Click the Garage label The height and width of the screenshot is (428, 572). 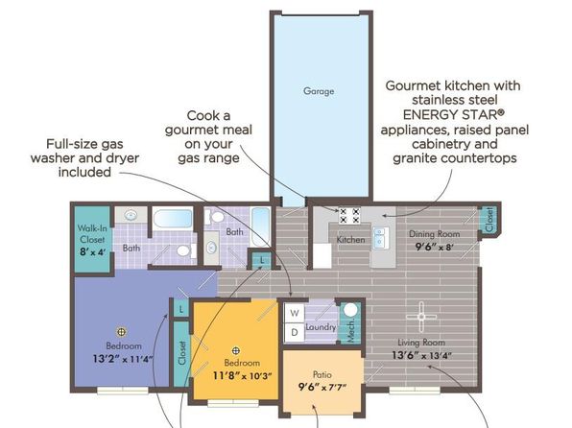[319, 91]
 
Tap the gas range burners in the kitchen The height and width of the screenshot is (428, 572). [349, 215]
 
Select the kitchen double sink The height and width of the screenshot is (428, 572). [381, 237]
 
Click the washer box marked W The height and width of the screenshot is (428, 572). [295, 313]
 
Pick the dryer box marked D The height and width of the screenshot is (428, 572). [295, 332]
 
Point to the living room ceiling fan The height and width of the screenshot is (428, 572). [421, 317]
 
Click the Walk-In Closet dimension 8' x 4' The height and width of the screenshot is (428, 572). [93, 251]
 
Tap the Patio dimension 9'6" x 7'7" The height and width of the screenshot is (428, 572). [322, 387]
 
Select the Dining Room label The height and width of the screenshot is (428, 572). [434, 234]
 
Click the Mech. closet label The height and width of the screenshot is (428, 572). [351, 330]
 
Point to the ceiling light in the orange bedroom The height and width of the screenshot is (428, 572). [236, 351]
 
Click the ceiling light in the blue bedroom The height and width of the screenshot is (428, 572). [121, 332]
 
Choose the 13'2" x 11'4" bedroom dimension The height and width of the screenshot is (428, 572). [123, 359]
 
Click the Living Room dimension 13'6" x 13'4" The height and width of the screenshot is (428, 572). [421, 355]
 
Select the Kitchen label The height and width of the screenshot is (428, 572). [350, 240]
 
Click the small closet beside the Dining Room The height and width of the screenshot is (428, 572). [489, 220]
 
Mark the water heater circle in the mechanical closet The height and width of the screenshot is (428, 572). [350, 310]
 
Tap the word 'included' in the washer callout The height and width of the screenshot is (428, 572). [84, 172]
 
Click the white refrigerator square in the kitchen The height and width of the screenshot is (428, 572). [322, 255]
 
